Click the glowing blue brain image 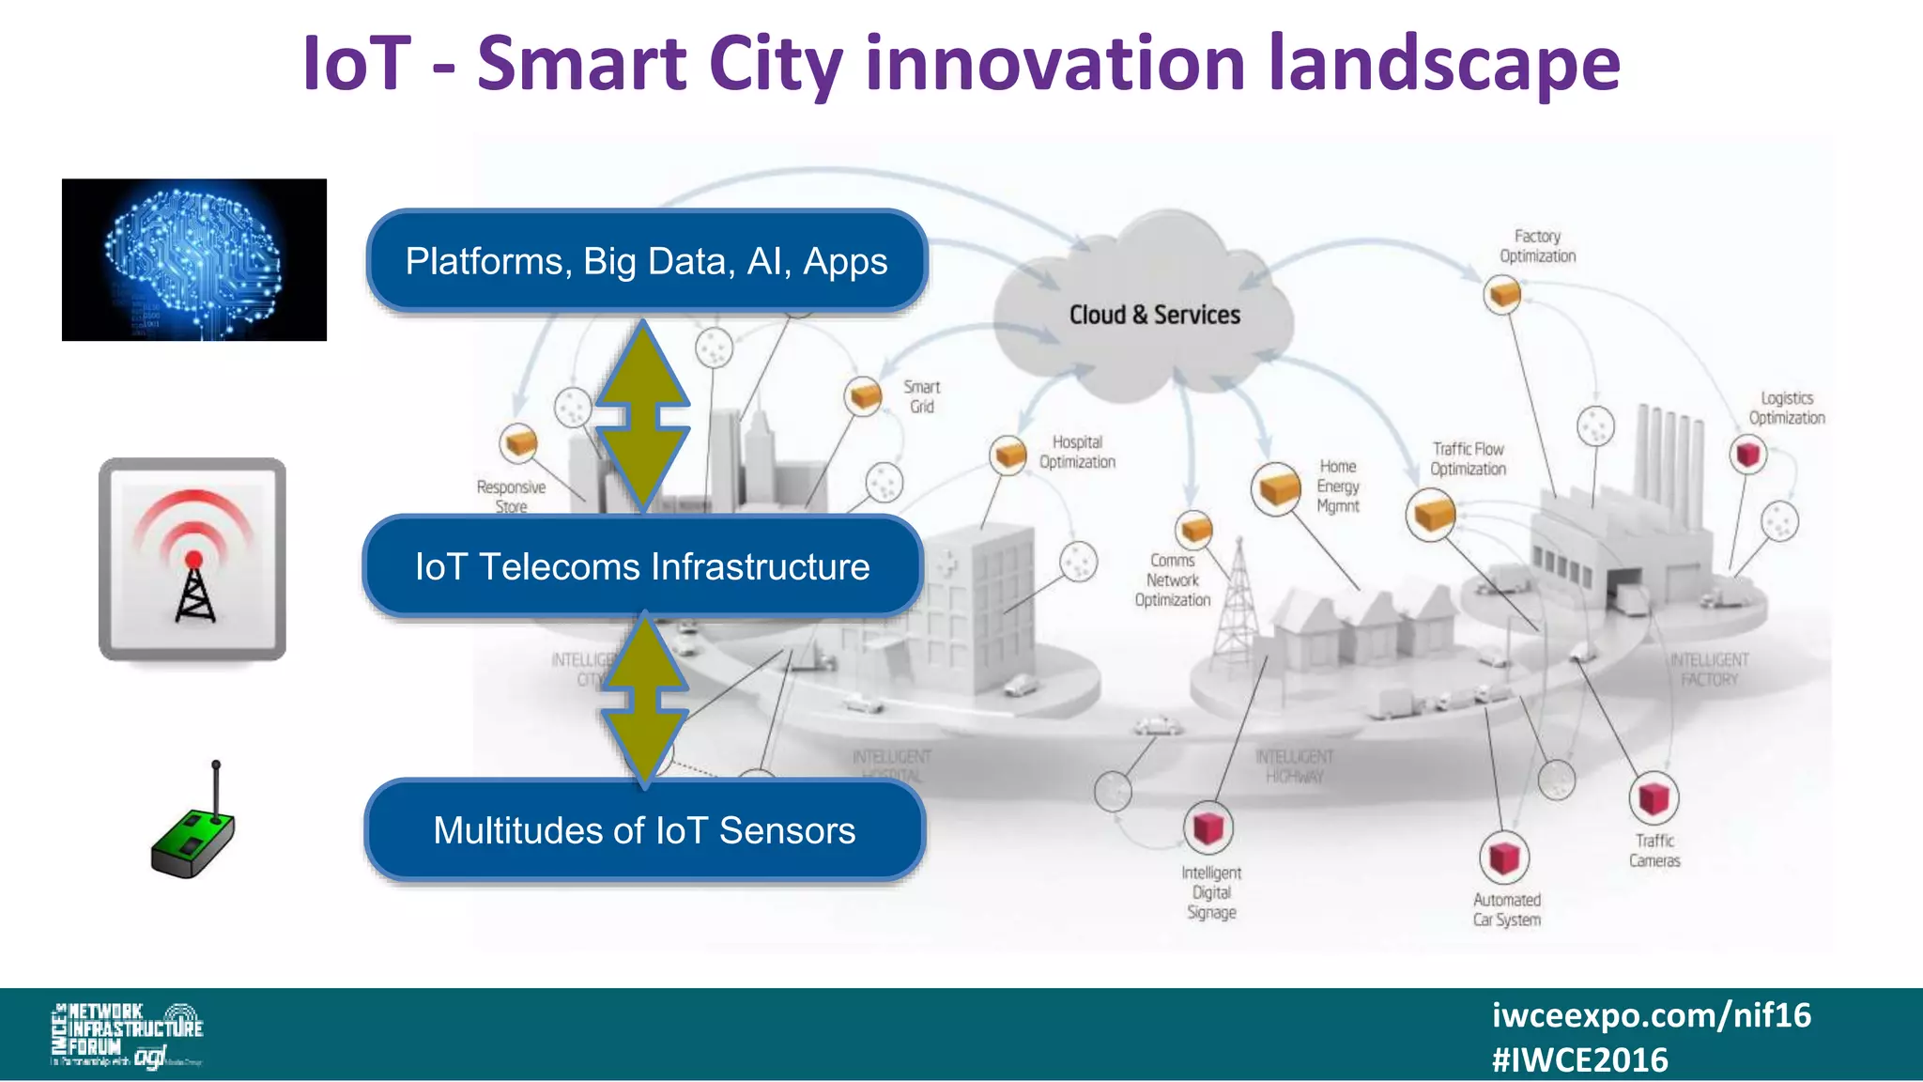point(193,259)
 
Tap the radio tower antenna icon point(192,560)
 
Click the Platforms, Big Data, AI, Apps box point(646,261)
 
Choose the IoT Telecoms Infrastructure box point(642,566)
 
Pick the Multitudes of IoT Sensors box point(644,830)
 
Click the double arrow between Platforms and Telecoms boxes point(643,414)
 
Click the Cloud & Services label point(1154,315)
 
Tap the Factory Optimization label point(1537,246)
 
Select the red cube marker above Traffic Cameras point(1653,798)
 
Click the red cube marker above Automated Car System point(1504,857)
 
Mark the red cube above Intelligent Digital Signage point(1208,827)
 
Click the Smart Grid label point(921,396)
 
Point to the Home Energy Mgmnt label point(1338,486)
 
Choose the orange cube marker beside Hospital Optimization point(1009,456)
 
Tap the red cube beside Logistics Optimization point(1747,455)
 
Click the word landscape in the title point(1444,64)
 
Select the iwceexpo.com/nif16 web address point(1651,1015)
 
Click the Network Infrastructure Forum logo point(127,1034)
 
